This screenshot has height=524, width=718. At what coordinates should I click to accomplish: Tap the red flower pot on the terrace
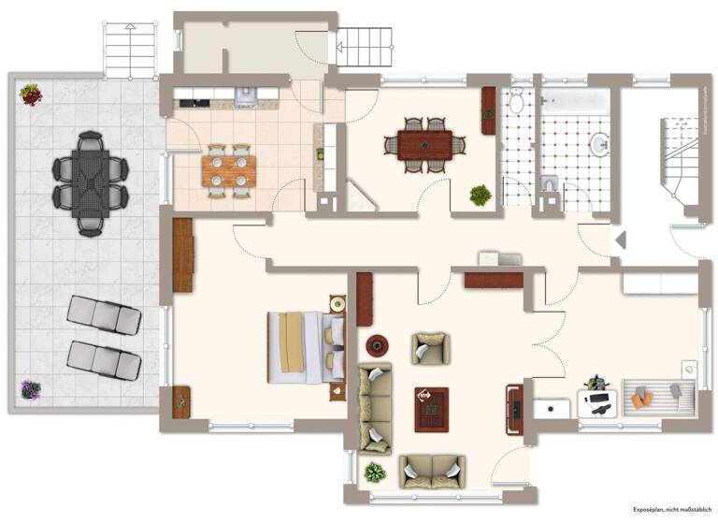click(31, 94)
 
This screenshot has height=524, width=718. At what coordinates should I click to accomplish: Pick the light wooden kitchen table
click(229, 169)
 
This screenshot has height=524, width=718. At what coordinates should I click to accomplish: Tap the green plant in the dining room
click(481, 196)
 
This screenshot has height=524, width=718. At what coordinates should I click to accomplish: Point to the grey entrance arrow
click(619, 240)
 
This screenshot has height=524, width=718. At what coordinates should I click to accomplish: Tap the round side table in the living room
click(378, 345)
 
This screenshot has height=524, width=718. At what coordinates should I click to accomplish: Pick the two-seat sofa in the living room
click(431, 470)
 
